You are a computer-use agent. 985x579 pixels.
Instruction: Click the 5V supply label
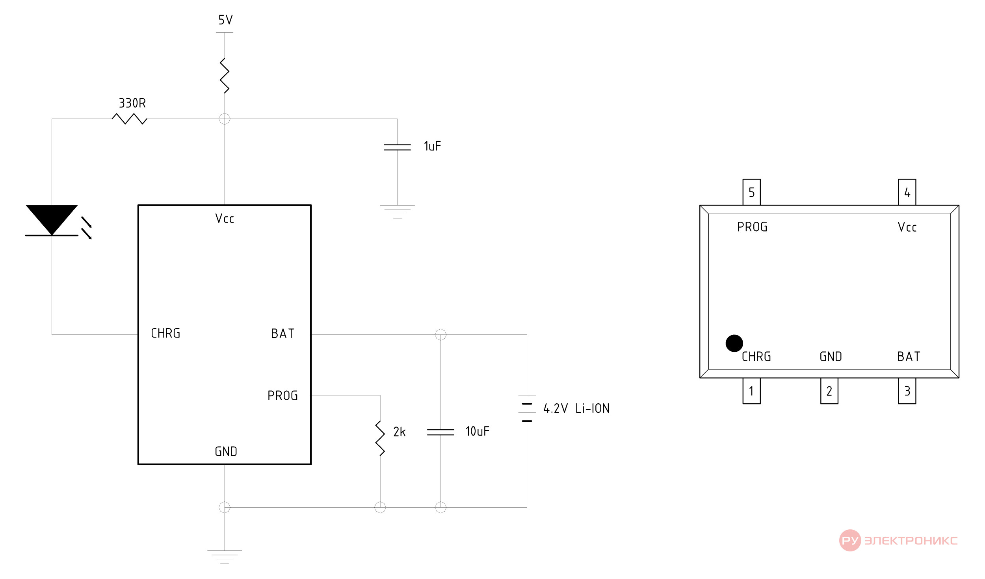coord(225,20)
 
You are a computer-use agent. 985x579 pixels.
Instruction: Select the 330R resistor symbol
coord(129,119)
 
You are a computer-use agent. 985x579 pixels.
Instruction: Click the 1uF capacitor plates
coord(397,147)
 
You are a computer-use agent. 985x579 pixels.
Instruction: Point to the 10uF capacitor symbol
coord(440,432)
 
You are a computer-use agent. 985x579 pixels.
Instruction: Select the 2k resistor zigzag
coord(380,438)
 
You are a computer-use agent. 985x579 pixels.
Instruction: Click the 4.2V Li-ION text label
coord(576,408)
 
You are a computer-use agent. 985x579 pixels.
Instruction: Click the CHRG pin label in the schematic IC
coord(165,333)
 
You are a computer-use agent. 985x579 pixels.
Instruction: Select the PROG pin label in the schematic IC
coord(282,395)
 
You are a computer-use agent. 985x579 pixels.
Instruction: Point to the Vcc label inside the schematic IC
coord(225,218)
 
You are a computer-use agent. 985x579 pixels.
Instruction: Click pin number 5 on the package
coord(751,192)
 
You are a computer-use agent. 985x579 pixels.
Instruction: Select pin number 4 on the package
coord(907,192)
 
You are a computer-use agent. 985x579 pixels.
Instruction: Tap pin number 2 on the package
coord(829,391)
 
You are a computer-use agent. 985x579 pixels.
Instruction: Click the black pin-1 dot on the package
coord(734,343)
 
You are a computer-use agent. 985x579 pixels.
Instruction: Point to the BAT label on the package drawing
coord(909,356)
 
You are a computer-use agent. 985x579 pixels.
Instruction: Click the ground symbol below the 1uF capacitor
coord(397,212)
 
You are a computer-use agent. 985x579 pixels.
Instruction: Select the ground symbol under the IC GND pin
coord(225,557)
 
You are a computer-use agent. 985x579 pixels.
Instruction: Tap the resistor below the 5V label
coord(225,76)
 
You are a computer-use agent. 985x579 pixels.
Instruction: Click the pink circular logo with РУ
coord(850,540)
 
